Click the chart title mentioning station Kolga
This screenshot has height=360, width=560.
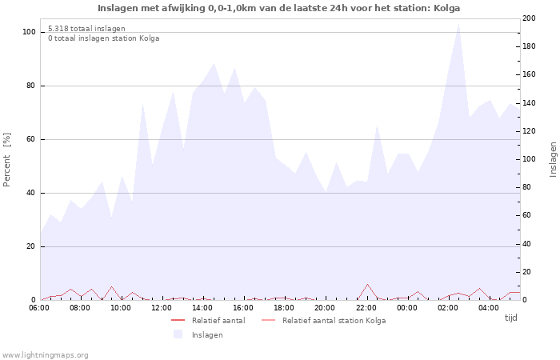click(278, 8)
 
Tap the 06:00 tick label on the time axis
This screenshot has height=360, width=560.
click(39, 307)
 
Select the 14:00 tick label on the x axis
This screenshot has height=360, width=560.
click(202, 307)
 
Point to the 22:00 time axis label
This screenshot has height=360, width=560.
click(366, 307)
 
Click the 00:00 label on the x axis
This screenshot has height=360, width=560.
click(406, 307)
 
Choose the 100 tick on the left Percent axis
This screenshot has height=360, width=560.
click(29, 32)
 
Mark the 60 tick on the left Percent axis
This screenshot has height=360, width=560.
click(30, 139)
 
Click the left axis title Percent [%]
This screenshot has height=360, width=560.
click(7, 159)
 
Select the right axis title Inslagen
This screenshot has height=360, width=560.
click(553, 159)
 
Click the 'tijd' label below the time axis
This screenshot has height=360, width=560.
click(510, 318)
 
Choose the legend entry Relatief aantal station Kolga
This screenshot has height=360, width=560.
click(334, 321)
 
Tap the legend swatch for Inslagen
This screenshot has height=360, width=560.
click(178, 334)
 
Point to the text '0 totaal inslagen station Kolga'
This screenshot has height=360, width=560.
click(103, 38)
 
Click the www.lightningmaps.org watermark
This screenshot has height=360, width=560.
click(46, 355)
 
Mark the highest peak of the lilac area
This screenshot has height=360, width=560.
click(458, 23)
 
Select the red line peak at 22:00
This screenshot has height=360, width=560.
click(367, 284)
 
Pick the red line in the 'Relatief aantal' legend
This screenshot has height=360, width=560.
click(178, 321)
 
